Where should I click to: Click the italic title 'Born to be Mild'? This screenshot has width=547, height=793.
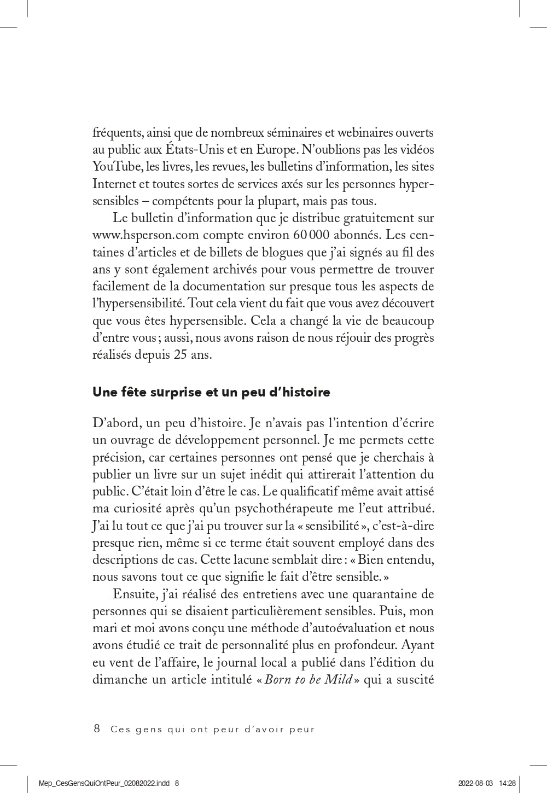pos(308,679)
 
